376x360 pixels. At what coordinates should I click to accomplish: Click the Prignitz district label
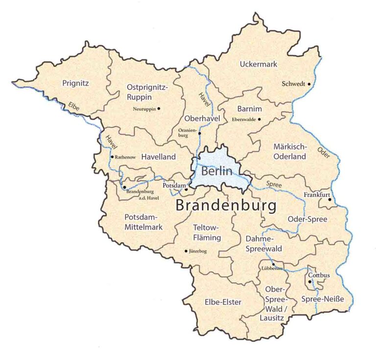75,83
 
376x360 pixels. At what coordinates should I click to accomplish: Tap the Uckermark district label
258,64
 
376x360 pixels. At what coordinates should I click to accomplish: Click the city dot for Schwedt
309,84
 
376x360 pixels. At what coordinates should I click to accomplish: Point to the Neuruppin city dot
159,109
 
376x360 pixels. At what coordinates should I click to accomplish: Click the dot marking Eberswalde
259,119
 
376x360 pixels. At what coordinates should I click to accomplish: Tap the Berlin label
217,172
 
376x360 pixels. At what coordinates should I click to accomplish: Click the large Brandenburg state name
226,205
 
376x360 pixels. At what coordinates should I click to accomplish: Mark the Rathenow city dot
112,157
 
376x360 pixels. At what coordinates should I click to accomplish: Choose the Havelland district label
159,157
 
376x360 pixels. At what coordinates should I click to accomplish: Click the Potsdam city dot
187,189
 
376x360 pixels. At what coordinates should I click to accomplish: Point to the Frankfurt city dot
329,199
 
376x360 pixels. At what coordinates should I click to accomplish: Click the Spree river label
274,184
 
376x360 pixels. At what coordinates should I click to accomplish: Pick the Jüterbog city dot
186,251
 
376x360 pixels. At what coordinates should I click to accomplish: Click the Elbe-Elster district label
223,302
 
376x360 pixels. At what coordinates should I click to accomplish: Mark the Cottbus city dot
310,281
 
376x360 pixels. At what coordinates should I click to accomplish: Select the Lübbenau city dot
273,264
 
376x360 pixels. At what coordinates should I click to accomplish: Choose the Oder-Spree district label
307,219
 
